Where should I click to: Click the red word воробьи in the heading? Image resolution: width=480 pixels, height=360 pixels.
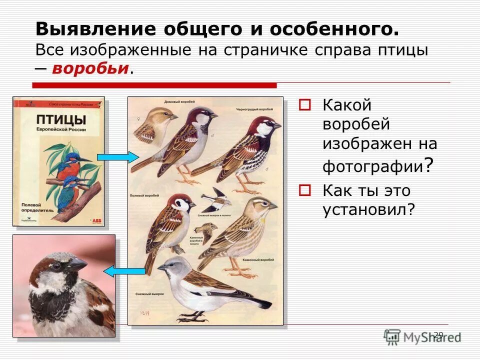(90, 68)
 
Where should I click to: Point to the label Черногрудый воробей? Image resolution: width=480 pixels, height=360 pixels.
(254, 109)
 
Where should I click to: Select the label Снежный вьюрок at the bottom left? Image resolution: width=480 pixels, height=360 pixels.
(146, 294)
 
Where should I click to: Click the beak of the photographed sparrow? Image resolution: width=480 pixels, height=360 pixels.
(78, 263)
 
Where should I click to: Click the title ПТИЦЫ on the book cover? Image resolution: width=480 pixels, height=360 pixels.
(60, 119)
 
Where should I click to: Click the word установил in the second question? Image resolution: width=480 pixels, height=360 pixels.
(368, 210)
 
